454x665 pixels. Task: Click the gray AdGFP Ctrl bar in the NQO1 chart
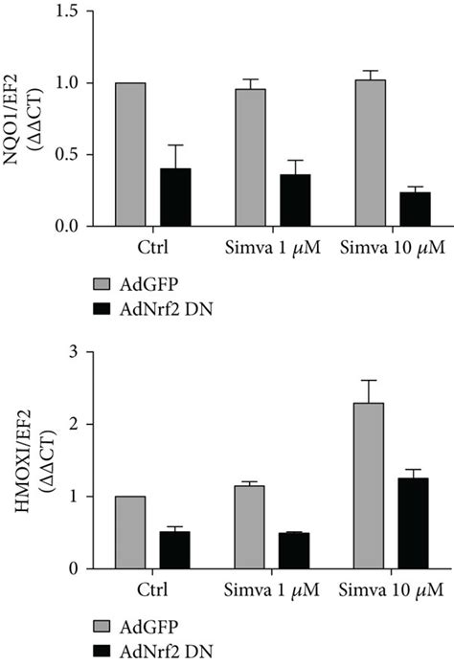pyautogui.click(x=129, y=154)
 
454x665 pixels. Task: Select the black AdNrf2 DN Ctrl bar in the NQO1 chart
pyautogui.click(x=175, y=197)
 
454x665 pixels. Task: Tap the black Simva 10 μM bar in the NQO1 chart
pyautogui.click(x=415, y=209)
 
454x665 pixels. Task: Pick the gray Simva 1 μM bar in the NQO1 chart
pyautogui.click(x=250, y=157)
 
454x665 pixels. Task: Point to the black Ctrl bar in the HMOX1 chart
pyautogui.click(x=174, y=549)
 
